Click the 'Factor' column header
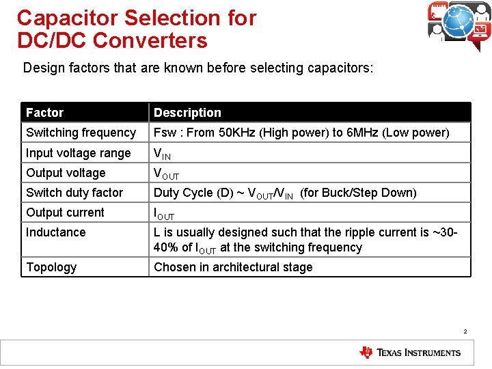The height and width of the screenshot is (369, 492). [x=44, y=113]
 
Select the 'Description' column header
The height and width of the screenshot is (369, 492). [x=187, y=113]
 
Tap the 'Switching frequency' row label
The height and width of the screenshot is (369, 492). [x=81, y=133]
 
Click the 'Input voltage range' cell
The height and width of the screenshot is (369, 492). [x=78, y=153]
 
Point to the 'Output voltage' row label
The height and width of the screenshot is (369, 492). [x=66, y=173]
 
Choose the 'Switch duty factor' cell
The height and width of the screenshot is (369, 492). [x=74, y=193]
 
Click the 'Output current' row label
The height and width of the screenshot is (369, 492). [x=65, y=213]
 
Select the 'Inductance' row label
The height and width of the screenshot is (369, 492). [x=56, y=232]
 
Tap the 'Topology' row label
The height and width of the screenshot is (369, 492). [x=51, y=267]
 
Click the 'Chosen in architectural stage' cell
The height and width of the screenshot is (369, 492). [x=233, y=267]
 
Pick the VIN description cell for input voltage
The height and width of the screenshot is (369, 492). [x=162, y=154]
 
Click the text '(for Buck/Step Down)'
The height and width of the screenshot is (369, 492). [x=358, y=193]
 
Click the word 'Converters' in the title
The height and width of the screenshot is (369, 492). [x=150, y=40]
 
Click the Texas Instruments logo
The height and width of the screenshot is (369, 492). [x=410, y=353]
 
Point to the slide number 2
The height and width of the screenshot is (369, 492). [x=465, y=332]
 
